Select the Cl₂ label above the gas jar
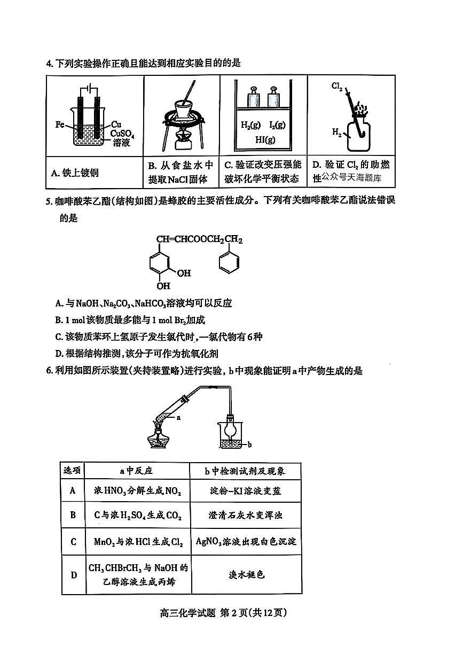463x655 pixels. (x=336, y=86)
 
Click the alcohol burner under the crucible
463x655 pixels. (x=184, y=140)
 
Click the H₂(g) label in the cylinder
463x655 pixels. (x=250, y=125)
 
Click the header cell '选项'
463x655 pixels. (x=72, y=471)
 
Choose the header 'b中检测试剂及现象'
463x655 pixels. (x=245, y=471)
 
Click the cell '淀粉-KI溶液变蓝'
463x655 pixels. (x=245, y=490)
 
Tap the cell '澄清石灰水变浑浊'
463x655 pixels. (x=245, y=516)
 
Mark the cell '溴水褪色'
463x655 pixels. (x=245, y=575)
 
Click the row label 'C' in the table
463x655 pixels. (x=73, y=542)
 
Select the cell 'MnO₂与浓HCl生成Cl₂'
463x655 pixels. (x=138, y=542)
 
